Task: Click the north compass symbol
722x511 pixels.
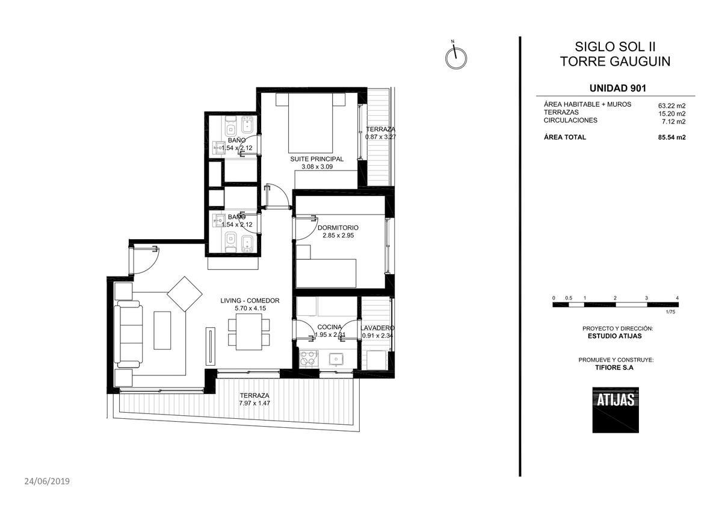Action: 456,57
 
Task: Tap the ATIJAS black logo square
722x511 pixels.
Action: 616,410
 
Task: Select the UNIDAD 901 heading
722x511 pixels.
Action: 618,88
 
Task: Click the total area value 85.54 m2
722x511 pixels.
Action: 671,137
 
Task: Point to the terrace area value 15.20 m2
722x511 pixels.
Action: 671,114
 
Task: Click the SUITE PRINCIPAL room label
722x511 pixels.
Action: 317,159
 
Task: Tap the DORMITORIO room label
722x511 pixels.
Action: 338,228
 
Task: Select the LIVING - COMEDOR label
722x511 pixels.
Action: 250,301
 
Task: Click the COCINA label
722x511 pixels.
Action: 330,327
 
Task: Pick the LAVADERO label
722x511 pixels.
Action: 377,328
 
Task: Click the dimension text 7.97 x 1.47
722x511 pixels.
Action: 255,403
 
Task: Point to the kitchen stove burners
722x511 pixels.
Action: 307,358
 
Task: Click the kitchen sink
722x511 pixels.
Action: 336,359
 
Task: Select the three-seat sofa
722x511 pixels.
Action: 129,334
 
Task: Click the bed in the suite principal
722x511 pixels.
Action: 310,123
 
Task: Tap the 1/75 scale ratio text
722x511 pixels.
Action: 670,312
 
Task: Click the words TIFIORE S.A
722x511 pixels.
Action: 614,368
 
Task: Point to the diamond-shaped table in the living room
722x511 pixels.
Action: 185,293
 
